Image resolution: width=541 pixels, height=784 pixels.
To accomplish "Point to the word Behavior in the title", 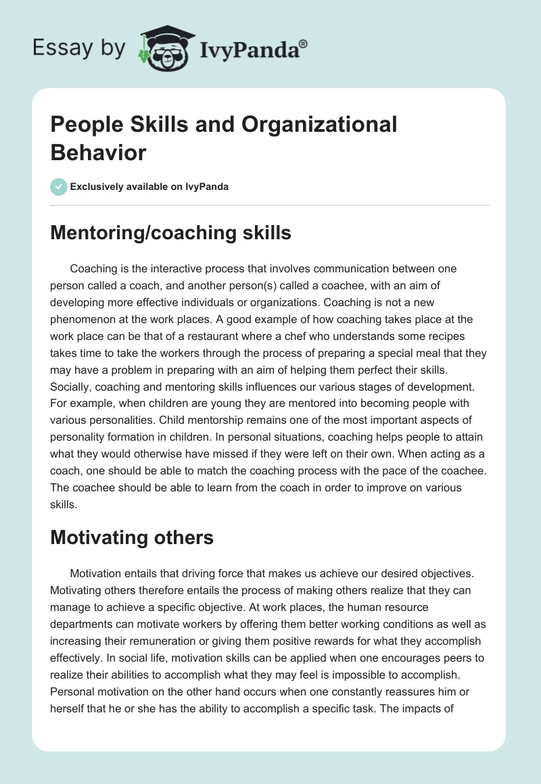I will (x=98, y=153).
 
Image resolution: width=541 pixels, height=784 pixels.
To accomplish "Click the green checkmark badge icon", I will (x=59, y=187).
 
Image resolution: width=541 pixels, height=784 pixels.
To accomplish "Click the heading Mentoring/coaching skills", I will (x=170, y=233).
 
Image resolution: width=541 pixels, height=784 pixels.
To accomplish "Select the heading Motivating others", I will (x=132, y=538).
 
